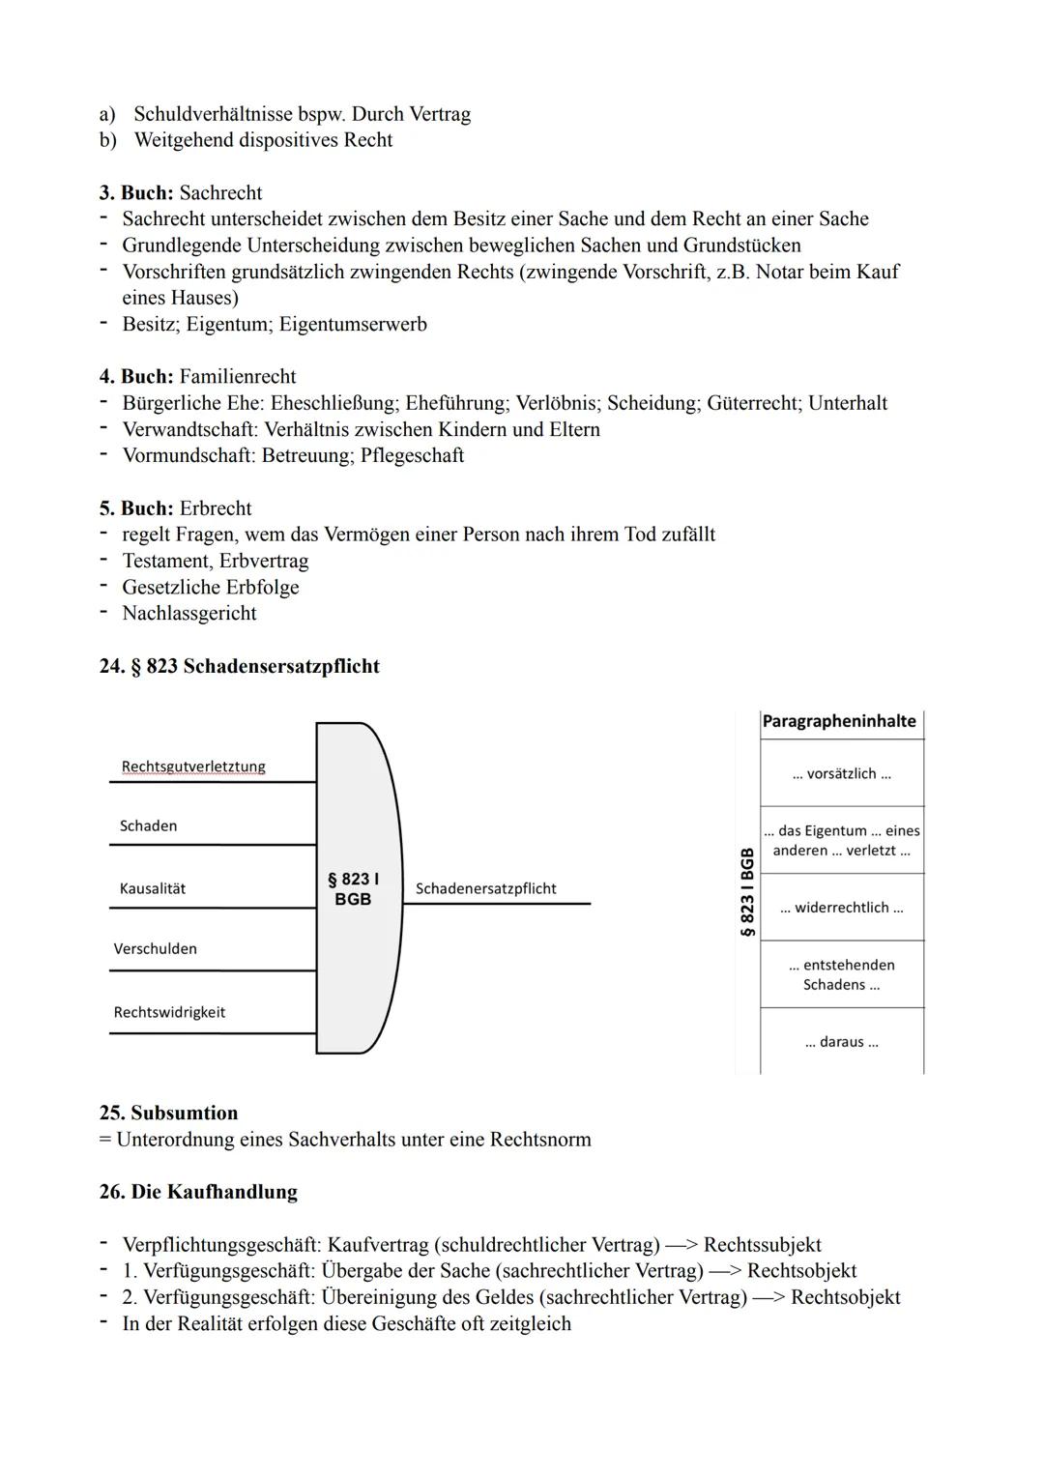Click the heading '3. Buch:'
click(136, 192)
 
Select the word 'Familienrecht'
click(238, 376)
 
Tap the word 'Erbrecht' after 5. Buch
click(216, 508)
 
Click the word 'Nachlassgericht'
click(189, 613)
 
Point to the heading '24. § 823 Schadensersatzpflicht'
click(239, 666)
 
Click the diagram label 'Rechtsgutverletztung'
click(193, 767)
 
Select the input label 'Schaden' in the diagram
click(148, 825)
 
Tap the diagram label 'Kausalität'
click(153, 888)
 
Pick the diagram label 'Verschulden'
click(156, 948)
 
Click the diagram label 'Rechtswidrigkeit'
click(169, 1012)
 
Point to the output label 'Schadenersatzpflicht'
click(485, 888)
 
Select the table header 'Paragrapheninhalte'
click(839, 721)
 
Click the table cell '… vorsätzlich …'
click(841, 773)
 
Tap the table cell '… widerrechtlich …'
click(841, 908)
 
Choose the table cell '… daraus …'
click(841, 1042)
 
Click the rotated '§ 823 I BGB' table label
click(747, 892)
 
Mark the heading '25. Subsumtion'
click(168, 1113)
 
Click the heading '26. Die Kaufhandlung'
click(198, 1192)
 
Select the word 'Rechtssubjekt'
click(763, 1245)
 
